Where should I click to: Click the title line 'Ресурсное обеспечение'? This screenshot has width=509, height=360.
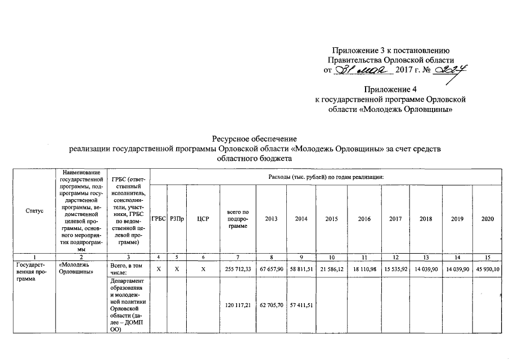click(x=254, y=138)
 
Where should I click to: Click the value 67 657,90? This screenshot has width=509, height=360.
click(x=271, y=269)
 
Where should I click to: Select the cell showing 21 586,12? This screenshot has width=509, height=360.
click(x=332, y=269)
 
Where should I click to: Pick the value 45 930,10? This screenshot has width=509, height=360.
click(x=487, y=269)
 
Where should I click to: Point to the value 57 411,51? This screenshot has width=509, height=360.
click(x=301, y=305)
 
